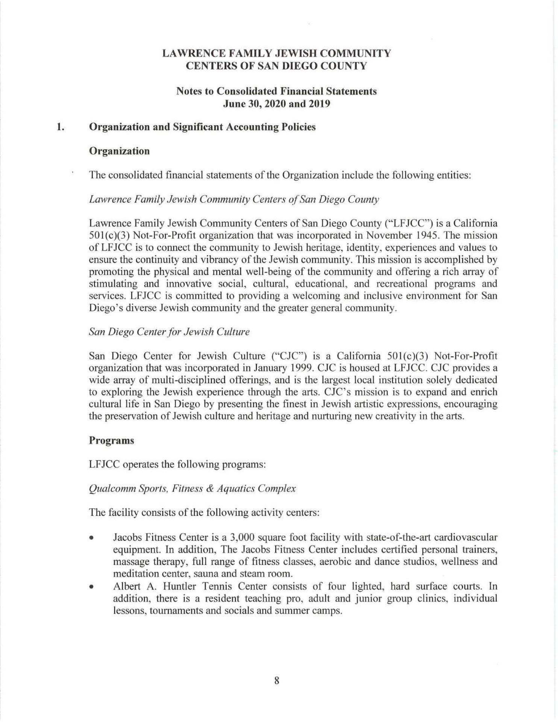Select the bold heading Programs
(x=111, y=440)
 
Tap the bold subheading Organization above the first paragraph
(x=119, y=151)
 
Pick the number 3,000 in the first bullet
(x=231, y=537)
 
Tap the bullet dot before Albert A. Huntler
(x=91, y=587)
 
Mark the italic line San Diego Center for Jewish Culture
(x=169, y=332)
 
